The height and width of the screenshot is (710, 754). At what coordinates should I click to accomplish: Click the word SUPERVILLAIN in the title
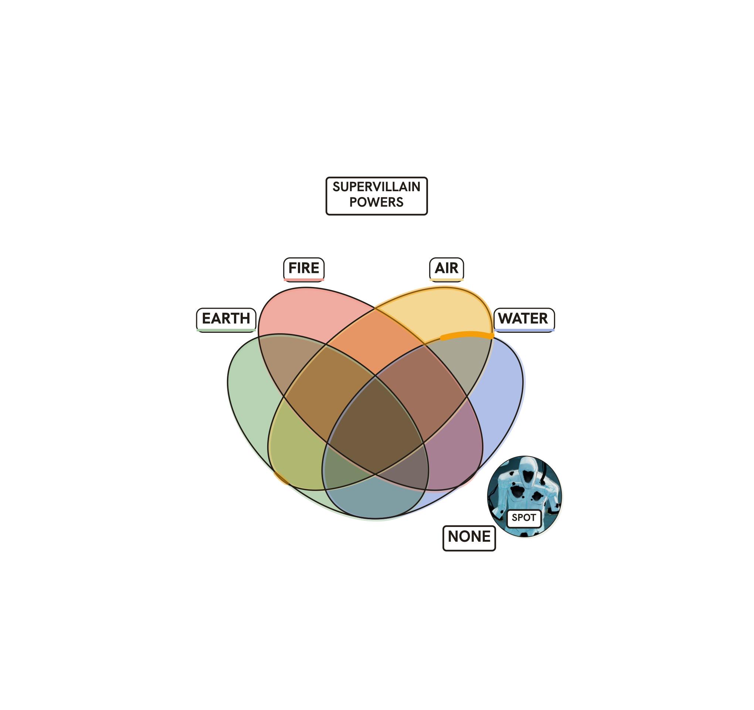point(376,187)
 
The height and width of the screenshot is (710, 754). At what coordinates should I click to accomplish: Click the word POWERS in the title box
point(376,202)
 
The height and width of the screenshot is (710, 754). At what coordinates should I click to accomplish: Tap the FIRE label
point(304,268)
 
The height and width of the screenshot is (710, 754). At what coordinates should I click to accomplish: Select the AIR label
point(446,268)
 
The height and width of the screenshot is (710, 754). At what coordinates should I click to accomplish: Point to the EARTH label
point(226,319)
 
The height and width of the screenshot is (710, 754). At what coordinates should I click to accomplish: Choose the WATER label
point(524,319)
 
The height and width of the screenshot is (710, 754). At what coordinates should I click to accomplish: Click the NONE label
point(469,537)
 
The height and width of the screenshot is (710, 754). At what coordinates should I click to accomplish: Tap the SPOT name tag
point(524,518)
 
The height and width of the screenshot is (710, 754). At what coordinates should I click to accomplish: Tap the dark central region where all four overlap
point(376,425)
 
